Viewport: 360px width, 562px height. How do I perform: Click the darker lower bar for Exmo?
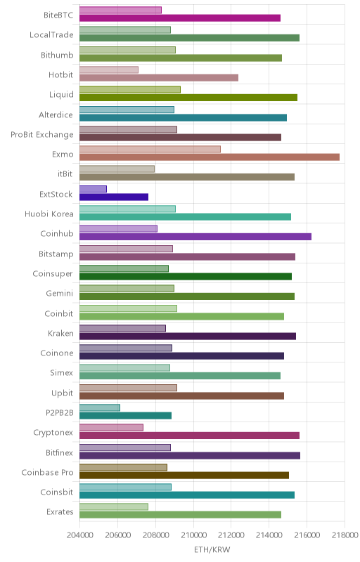(210, 157)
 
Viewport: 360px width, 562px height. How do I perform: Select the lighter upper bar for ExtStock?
(94, 189)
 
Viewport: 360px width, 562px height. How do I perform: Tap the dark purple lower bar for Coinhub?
(195, 237)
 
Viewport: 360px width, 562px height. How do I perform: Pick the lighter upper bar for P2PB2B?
(100, 407)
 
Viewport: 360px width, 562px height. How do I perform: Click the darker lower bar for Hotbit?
(159, 78)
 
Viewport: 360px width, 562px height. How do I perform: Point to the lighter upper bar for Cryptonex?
(112, 428)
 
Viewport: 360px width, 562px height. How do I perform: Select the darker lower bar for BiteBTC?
(180, 18)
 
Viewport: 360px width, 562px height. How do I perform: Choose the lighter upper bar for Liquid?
(130, 90)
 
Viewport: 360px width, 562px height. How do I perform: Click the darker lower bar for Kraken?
(188, 336)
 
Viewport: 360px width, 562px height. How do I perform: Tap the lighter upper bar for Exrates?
(114, 507)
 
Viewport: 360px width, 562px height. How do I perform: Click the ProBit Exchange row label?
(42, 135)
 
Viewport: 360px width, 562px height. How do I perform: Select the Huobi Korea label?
(49, 214)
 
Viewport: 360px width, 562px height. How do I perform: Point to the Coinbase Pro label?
(47, 472)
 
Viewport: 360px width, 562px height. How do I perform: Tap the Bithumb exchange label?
(57, 55)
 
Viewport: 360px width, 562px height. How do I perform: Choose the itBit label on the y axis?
(65, 174)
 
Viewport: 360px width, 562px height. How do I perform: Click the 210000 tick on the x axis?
(193, 535)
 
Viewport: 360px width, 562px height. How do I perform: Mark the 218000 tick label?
(345, 535)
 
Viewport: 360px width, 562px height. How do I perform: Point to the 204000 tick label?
(80, 535)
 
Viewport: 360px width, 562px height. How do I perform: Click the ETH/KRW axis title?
(212, 550)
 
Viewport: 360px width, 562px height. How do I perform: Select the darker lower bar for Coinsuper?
(186, 276)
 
